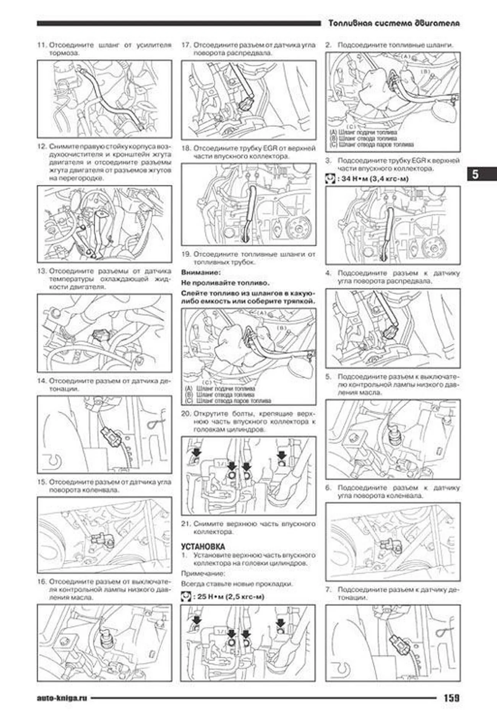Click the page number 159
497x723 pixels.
(451, 697)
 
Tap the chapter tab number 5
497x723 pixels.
(475, 174)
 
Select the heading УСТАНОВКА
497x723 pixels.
(203, 547)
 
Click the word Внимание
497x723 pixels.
(201, 272)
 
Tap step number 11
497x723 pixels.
(42, 45)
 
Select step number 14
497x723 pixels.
(42, 381)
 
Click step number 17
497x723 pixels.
(186, 45)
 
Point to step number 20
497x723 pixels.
(186, 414)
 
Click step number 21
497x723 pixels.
(186, 524)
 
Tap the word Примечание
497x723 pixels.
(203, 574)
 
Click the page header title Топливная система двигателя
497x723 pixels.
(394, 23)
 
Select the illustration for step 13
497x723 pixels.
(104, 333)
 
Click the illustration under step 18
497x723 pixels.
(248, 205)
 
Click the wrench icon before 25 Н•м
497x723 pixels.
(186, 596)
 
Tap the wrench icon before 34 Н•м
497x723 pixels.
(330, 179)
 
